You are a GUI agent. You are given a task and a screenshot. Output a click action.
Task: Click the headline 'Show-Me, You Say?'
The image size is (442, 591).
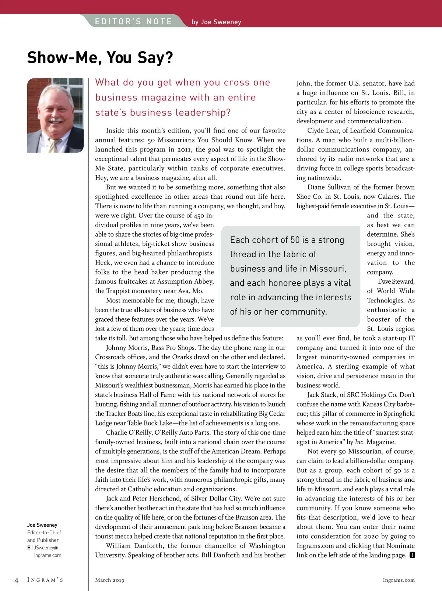pos(100,58)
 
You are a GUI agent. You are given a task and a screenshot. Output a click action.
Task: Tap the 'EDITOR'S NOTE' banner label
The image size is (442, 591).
pos(133,21)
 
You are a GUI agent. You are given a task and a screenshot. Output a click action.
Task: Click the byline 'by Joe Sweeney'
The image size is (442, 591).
pos(216,22)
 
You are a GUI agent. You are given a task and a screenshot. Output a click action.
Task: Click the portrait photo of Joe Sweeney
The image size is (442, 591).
pos(55,115)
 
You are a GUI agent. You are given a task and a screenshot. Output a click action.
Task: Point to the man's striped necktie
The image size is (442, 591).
pos(54,145)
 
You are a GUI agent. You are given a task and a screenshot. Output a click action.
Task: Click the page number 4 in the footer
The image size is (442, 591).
pos(16,580)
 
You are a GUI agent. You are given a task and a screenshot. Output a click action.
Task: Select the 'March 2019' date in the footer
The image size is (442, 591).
pos(110,580)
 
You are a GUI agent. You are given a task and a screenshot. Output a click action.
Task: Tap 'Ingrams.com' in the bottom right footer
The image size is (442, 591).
pos(399,580)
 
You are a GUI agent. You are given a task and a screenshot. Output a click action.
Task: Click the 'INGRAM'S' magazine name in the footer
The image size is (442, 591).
pos(45,580)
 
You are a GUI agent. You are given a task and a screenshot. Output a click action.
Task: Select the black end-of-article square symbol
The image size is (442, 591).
pos(412,555)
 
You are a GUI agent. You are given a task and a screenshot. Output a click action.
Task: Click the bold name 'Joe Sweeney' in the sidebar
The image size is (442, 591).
pos(42,525)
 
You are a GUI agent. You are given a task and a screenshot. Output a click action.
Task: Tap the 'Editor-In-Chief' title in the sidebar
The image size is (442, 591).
pos(44,532)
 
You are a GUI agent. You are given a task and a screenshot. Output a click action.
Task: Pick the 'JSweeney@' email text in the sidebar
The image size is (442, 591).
pos(46,548)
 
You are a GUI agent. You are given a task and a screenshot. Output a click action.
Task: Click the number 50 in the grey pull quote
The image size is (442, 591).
pos(295,240)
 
